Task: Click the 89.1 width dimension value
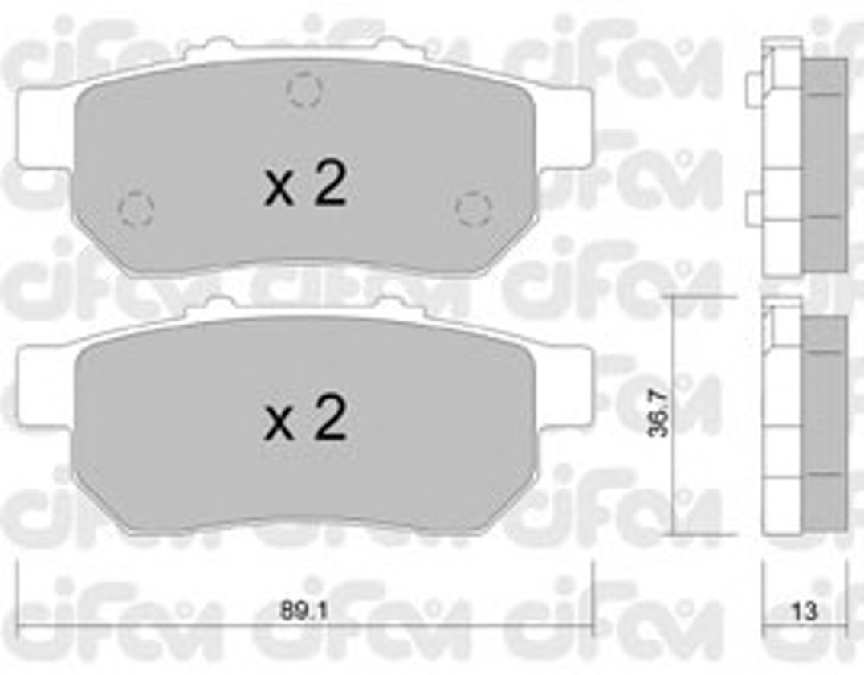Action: [x=304, y=611]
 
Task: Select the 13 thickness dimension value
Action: [x=804, y=611]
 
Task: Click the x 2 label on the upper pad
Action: [x=304, y=185]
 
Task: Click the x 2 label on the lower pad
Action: [x=304, y=418]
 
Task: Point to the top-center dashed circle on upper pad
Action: [x=304, y=89]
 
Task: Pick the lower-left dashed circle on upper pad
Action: [x=136, y=208]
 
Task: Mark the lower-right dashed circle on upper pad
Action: [x=473, y=208]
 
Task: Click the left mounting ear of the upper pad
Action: [x=45, y=128]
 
